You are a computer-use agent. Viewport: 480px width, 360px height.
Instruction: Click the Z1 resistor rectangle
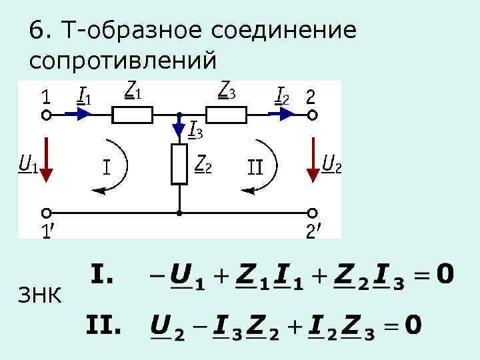tap(133, 115)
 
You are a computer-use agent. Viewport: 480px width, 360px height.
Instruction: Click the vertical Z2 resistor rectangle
tap(179, 163)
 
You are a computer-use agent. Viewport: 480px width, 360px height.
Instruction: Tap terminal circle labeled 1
tap(46, 115)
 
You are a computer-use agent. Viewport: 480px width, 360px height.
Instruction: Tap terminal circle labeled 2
tap(312, 115)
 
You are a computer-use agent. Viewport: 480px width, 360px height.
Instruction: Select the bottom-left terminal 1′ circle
tap(46, 213)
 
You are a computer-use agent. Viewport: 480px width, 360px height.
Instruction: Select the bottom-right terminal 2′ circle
tap(312, 213)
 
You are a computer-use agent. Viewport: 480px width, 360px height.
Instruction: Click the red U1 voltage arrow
tap(46, 160)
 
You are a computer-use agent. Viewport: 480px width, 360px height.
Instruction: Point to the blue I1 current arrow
tap(81, 115)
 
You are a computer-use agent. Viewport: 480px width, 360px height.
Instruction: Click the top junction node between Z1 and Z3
tap(179, 115)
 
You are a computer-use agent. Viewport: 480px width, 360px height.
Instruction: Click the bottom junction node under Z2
tap(179, 213)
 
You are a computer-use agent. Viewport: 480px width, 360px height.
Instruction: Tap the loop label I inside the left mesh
tap(107, 166)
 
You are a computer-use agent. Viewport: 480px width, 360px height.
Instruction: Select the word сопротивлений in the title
tap(123, 60)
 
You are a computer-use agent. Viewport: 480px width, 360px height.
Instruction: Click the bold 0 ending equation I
tap(445, 274)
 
